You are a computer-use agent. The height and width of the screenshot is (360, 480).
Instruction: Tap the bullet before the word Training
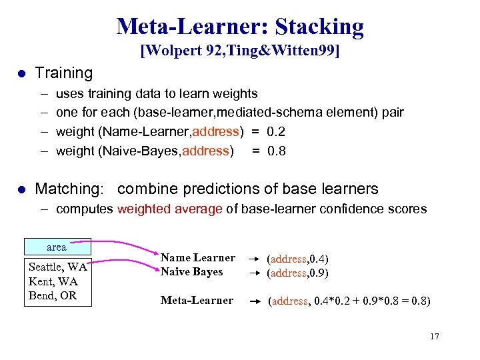pos(22,73)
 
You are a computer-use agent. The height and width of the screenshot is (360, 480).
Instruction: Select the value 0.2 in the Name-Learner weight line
pos(276,131)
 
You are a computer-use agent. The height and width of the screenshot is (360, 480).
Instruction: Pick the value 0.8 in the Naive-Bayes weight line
pos(276,151)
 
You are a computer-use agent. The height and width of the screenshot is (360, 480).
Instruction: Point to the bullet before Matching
pos(22,189)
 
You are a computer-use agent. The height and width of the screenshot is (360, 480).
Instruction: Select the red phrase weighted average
pos(169,209)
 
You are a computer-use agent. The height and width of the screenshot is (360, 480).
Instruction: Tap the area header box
pos(57,247)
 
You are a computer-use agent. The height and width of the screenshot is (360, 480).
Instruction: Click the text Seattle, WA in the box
pos(57,267)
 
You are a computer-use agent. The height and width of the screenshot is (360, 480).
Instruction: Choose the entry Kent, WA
pos(53,281)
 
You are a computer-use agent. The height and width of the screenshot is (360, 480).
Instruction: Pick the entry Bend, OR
pos(53,295)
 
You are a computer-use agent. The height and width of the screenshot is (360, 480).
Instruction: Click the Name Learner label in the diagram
pos(197,257)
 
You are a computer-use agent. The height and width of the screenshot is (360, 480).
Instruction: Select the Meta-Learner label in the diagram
pos(197,301)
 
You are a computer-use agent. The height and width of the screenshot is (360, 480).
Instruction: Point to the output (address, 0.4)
pos(297,259)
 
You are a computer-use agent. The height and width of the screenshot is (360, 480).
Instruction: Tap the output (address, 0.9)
pos(297,273)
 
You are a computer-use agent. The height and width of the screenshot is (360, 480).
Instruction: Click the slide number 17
pos(435,336)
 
